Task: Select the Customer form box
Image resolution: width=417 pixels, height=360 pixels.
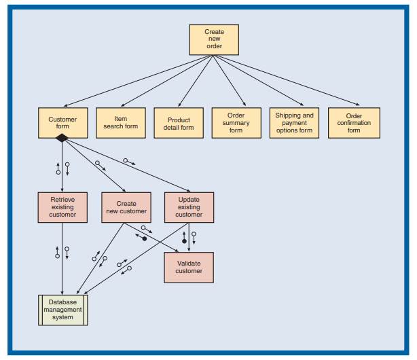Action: tap(62, 122)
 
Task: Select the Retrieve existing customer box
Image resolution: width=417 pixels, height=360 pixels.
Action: tap(62, 206)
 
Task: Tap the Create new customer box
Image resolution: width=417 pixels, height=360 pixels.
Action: tap(125, 206)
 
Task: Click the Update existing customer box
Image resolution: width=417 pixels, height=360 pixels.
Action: tap(189, 206)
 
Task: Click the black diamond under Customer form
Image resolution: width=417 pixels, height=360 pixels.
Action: tap(62, 138)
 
